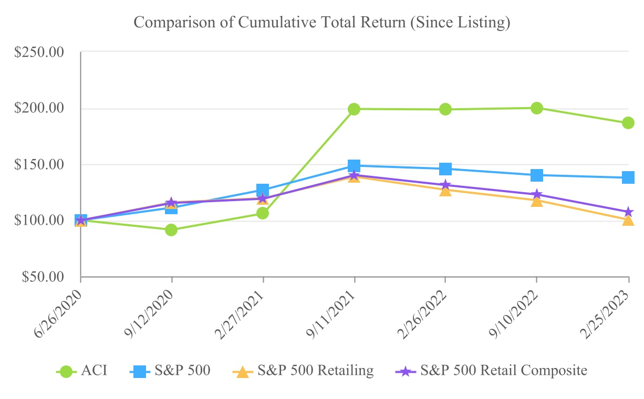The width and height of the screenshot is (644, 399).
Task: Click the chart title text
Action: [x=322, y=23]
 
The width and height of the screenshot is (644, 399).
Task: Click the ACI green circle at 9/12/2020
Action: [x=171, y=230]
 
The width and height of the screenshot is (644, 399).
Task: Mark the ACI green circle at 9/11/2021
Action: [x=354, y=109]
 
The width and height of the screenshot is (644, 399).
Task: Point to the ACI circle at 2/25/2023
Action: [x=628, y=123]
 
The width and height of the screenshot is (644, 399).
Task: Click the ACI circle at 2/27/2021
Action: [x=263, y=213]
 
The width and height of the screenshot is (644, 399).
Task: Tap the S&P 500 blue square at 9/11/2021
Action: [x=354, y=166]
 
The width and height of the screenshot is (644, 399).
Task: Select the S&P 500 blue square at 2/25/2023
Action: [x=628, y=177]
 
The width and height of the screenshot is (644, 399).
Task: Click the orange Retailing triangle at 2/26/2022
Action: [x=445, y=190]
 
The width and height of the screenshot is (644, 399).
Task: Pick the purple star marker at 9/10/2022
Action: [x=537, y=195]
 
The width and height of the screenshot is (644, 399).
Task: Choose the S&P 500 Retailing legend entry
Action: [x=303, y=371]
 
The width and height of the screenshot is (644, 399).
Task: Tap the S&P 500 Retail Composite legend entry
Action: [x=491, y=371]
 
